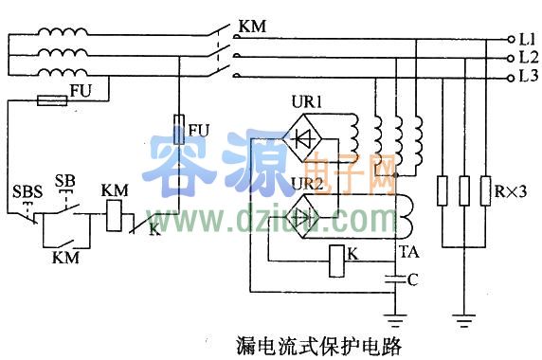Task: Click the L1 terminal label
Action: [527, 40]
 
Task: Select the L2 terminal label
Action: [527, 58]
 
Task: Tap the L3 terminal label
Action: [527, 76]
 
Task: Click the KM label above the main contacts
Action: [251, 27]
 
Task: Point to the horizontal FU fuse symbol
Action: [49, 99]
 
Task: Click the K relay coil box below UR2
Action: [337, 261]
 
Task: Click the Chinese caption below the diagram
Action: [317, 345]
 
